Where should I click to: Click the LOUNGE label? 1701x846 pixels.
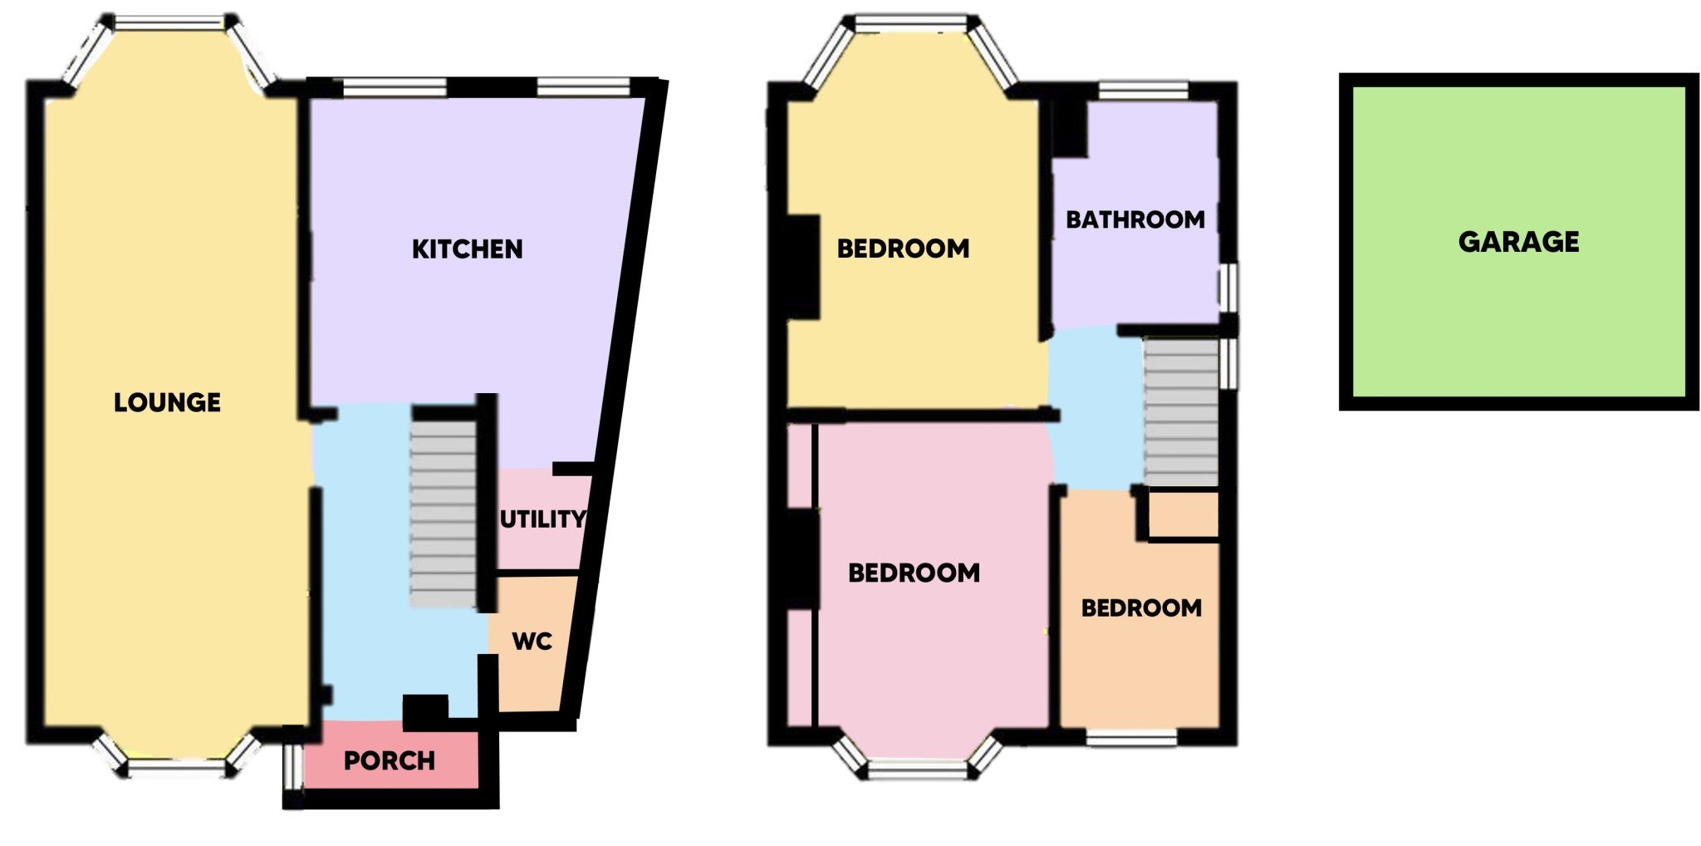[167, 403]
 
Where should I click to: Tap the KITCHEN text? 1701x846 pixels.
[468, 249]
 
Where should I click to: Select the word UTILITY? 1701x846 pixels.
[542, 519]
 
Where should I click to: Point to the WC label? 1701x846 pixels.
[532, 642]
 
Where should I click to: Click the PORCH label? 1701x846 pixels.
[390, 760]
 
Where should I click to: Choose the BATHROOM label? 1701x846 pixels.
[1135, 220]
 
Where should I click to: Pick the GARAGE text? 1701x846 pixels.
[1519, 242]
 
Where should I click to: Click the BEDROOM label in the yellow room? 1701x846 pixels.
[903, 248]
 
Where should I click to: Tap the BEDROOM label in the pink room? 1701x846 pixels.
[914, 573]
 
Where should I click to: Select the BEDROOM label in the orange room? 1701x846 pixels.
[1141, 608]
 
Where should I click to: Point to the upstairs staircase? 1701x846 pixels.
[1181, 411]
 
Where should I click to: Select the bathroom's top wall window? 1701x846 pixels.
[1143, 91]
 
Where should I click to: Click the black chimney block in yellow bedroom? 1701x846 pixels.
[803, 267]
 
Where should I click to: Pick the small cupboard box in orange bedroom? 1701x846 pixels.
[1183, 515]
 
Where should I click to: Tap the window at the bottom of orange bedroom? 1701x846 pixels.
[1131, 736]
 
